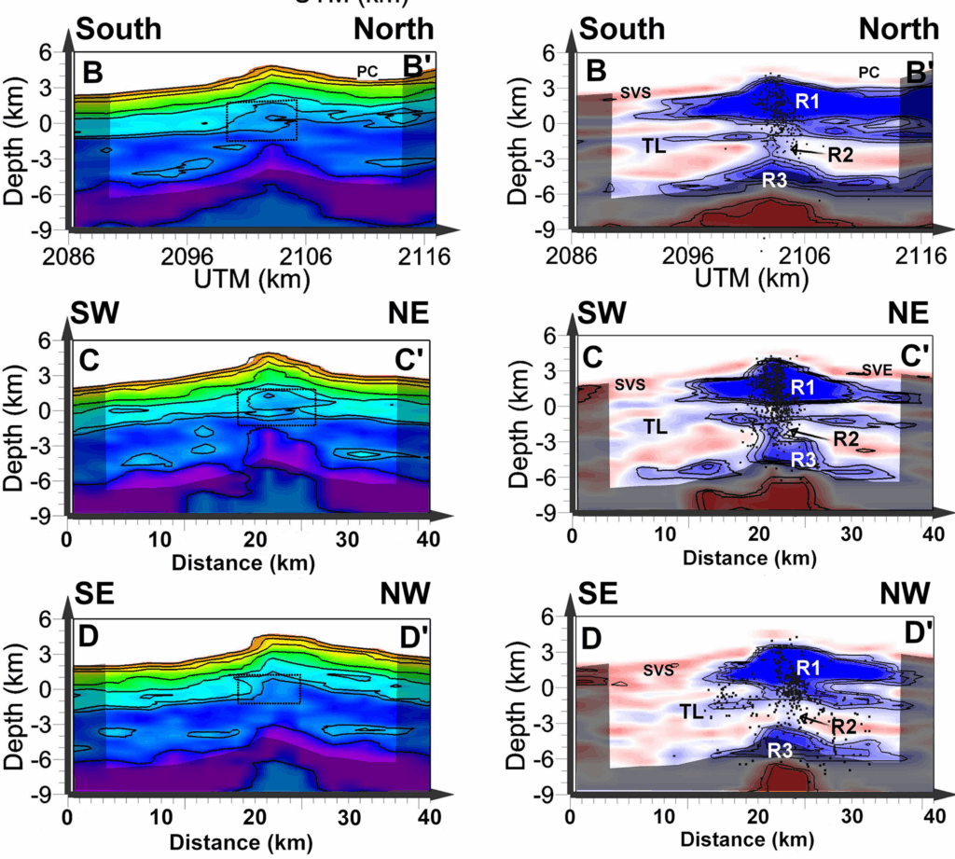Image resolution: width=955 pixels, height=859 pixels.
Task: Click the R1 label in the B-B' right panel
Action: pyautogui.click(x=807, y=100)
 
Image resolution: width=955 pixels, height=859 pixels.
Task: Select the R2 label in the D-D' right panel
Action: pyautogui.click(x=843, y=727)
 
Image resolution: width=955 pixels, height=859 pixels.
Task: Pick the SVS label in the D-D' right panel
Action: pyautogui.click(x=659, y=669)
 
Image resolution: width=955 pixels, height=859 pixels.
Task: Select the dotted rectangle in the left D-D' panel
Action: pyautogui.click(x=269, y=688)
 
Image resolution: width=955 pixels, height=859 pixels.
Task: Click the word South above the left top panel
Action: pyautogui.click(x=118, y=29)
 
